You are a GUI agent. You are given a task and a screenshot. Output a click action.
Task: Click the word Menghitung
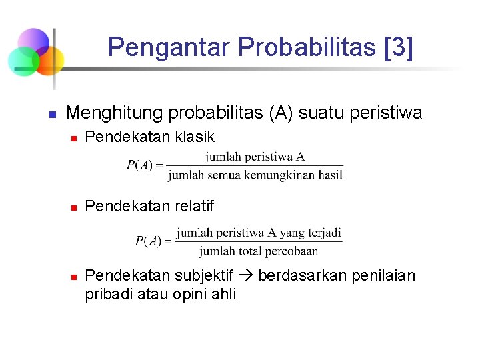(x=115, y=113)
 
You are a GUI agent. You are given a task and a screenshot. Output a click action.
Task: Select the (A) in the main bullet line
(x=280, y=113)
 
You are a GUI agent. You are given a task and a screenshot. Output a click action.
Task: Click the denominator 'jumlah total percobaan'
(x=259, y=251)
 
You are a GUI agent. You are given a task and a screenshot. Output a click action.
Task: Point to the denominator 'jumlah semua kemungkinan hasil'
(x=255, y=175)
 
